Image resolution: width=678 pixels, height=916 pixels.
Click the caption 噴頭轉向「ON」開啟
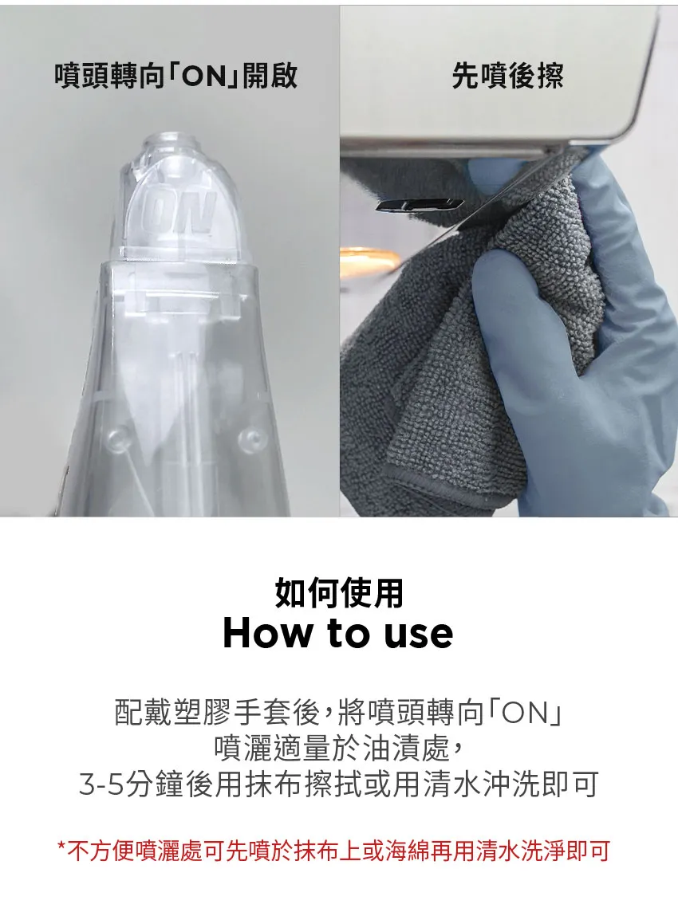(x=176, y=77)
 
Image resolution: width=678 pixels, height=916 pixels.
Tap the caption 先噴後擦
(x=507, y=77)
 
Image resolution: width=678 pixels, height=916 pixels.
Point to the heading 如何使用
(x=339, y=594)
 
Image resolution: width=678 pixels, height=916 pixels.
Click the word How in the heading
(x=268, y=633)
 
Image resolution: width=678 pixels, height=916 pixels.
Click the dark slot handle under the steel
(x=419, y=205)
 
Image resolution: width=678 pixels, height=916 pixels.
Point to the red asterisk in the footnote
(x=61, y=849)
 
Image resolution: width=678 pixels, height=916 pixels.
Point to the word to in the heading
(x=349, y=633)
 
